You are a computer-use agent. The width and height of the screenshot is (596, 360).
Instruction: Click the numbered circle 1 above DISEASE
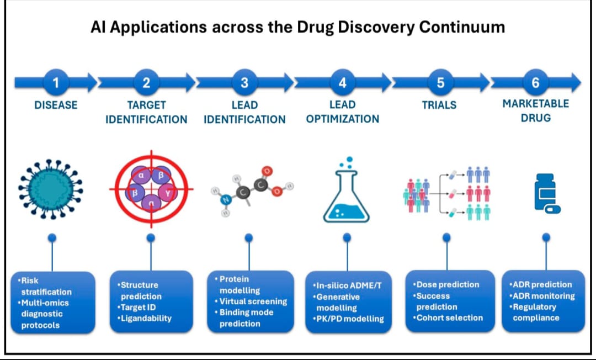point(55,83)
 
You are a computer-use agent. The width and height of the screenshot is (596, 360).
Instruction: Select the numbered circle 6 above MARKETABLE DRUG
point(535,83)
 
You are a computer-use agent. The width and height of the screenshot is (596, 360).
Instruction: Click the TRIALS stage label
point(440,105)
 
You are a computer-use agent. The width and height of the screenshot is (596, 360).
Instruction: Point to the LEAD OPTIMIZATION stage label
point(343,112)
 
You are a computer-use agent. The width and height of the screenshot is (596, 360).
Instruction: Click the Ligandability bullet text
point(146,318)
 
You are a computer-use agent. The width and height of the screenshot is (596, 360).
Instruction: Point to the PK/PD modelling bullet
point(349,319)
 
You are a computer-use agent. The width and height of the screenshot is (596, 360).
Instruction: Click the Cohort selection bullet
point(449,317)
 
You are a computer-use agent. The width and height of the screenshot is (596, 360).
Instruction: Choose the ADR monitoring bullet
point(543,295)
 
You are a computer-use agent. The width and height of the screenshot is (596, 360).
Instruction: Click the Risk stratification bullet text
point(44,286)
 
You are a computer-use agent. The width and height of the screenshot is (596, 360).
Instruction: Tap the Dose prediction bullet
point(447,284)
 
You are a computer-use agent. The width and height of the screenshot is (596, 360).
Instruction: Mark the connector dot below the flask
point(347,238)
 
